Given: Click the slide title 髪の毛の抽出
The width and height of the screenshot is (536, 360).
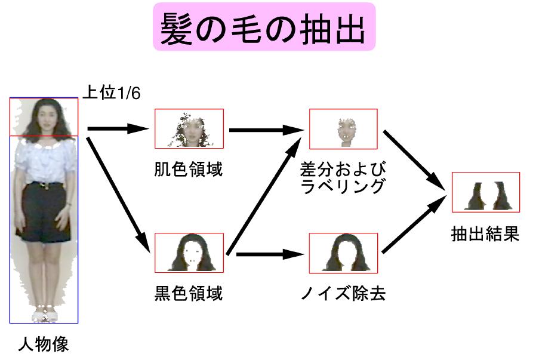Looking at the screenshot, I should pos(263,27).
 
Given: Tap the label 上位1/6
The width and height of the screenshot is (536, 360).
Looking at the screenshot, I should pos(111,93).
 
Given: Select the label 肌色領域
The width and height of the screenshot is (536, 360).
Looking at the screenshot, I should pos(188,170).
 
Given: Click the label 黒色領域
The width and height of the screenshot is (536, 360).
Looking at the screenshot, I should pos(188,294).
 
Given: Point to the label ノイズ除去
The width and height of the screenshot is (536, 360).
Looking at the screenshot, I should pos(343,294).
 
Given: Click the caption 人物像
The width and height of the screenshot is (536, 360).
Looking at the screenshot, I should pos(43,344).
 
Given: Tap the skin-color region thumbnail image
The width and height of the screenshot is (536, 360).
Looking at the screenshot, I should pos(189,128).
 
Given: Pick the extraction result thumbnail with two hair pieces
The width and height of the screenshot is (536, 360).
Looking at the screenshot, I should pos(485,192).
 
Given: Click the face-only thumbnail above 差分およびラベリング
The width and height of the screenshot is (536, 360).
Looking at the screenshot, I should pos(343,129).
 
